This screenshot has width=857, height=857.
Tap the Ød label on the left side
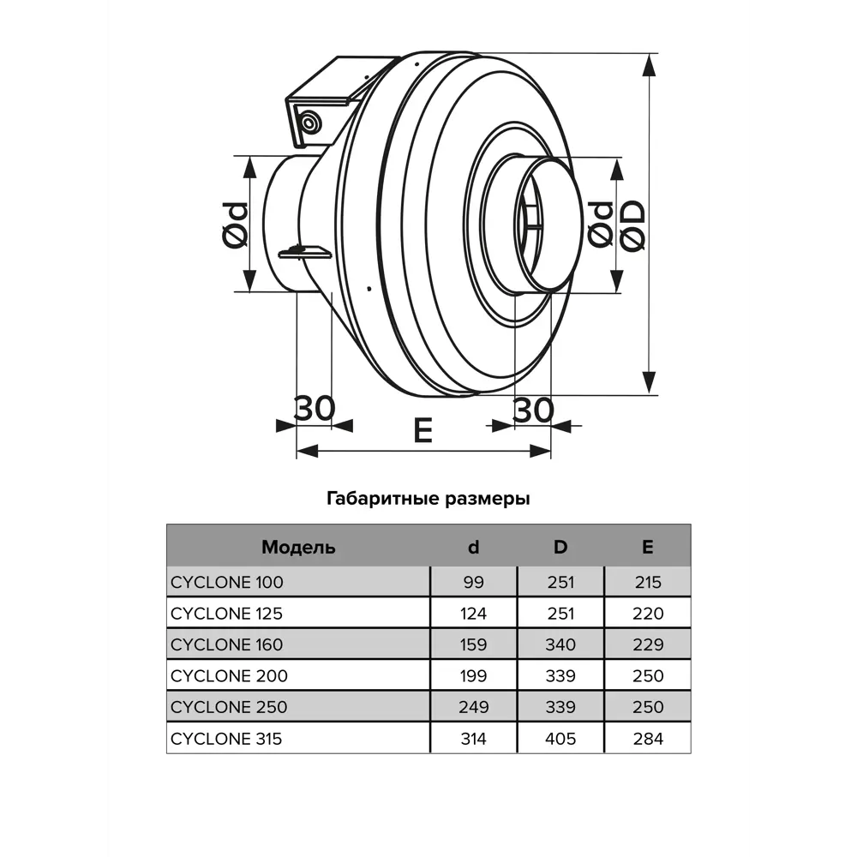click(x=234, y=225)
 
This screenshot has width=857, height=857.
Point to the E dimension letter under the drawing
click(x=423, y=431)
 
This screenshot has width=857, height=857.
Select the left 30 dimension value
click(x=315, y=409)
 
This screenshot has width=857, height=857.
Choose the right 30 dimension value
click(x=533, y=411)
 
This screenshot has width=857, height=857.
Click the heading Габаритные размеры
click(x=428, y=499)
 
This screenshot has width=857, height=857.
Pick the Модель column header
click(x=298, y=547)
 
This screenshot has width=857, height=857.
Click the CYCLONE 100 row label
click(x=226, y=583)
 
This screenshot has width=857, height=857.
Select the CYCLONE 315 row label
click(x=226, y=738)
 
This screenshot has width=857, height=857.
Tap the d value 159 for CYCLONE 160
click(x=473, y=644)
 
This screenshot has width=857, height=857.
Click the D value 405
click(x=560, y=738)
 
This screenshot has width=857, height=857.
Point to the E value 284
click(x=647, y=738)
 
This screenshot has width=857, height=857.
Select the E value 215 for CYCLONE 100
click(x=647, y=583)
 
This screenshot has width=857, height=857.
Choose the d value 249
click(x=473, y=707)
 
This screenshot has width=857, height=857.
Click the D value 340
click(x=560, y=644)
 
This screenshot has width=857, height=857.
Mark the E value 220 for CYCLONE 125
click(x=647, y=614)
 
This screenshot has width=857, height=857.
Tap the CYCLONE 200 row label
click(x=228, y=675)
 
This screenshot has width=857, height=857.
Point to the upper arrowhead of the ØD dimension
click(x=649, y=63)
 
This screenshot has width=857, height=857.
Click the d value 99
click(x=473, y=583)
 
